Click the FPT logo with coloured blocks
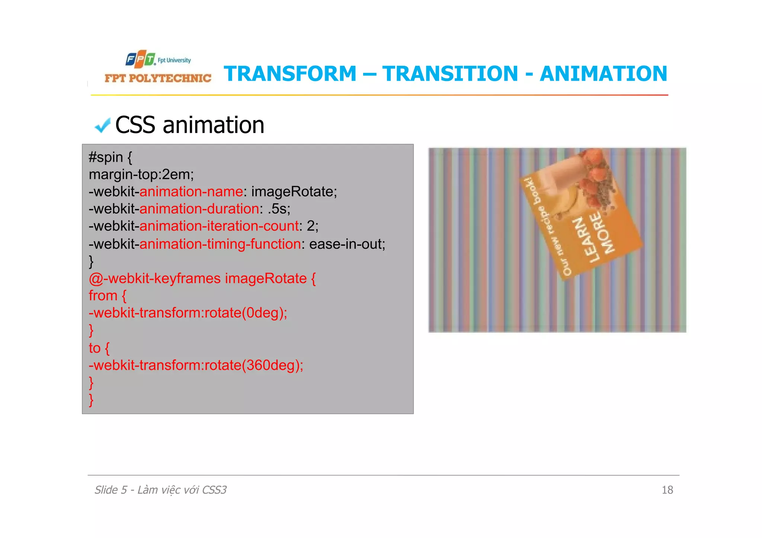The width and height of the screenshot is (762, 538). tap(140, 59)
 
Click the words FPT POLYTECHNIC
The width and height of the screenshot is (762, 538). tap(158, 78)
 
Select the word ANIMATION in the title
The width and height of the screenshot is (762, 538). tap(603, 74)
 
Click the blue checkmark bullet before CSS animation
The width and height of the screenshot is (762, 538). tap(102, 126)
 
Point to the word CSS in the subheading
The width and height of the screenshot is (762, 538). tap(135, 125)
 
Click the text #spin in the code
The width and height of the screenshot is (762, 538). tap(106, 157)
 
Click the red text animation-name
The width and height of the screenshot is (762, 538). tap(191, 192)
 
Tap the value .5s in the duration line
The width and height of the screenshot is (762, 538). tap(279, 209)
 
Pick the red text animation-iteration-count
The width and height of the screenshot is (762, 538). tap(219, 226)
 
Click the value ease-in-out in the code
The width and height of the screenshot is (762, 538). tap(347, 244)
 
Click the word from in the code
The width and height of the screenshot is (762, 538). tap(103, 296)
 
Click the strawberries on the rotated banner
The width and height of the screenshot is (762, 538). tap(595, 171)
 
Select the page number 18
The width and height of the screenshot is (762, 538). tap(667, 490)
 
